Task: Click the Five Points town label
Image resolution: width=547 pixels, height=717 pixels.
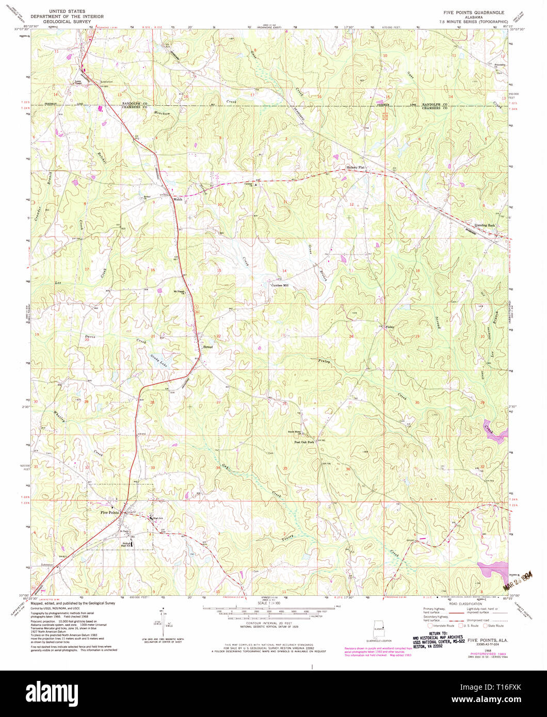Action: tap(109, 512)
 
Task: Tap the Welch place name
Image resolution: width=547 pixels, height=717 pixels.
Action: tap(178, 199)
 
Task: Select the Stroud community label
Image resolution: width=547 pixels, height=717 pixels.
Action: tap(207, 347)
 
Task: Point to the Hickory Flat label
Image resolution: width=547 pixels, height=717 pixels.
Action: tap(355, 168)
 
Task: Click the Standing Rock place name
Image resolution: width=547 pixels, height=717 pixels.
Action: tap(484, 225)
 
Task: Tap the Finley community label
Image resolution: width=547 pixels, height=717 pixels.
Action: tap(390, 327)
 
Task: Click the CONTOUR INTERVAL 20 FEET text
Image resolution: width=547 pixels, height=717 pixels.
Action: tap(266, 622)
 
